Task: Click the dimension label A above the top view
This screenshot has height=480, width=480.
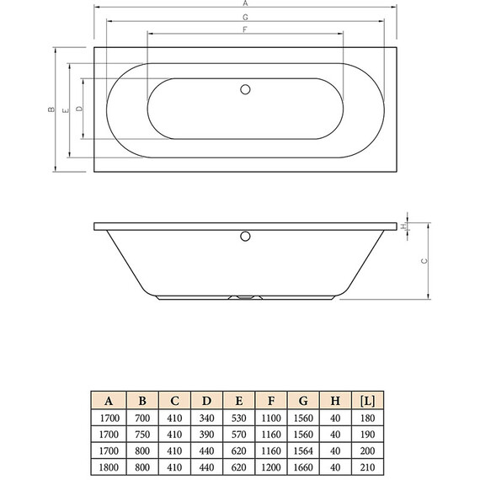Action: pos(244,3)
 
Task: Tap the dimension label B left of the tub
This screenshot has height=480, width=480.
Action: pos(51,109)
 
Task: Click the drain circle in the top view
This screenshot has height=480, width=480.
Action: pos(245,88)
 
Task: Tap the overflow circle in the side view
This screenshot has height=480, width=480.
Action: pos(245,236)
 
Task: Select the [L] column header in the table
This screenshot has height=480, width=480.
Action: pos(366,399)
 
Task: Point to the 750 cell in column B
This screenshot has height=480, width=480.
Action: pos(143,435)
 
